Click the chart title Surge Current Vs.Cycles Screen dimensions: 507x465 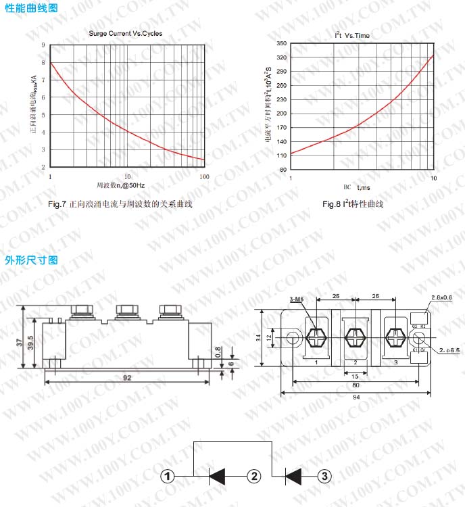point(126,33)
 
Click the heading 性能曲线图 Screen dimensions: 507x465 point(31,9)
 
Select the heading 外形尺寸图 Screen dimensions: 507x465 point(31,260)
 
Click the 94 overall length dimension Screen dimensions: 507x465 point(356,397)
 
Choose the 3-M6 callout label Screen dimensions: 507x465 point(296,299)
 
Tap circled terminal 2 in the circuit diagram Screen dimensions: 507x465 point(254,477)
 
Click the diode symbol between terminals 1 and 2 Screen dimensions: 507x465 point(217,477)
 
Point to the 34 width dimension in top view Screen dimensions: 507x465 point(258,337)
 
